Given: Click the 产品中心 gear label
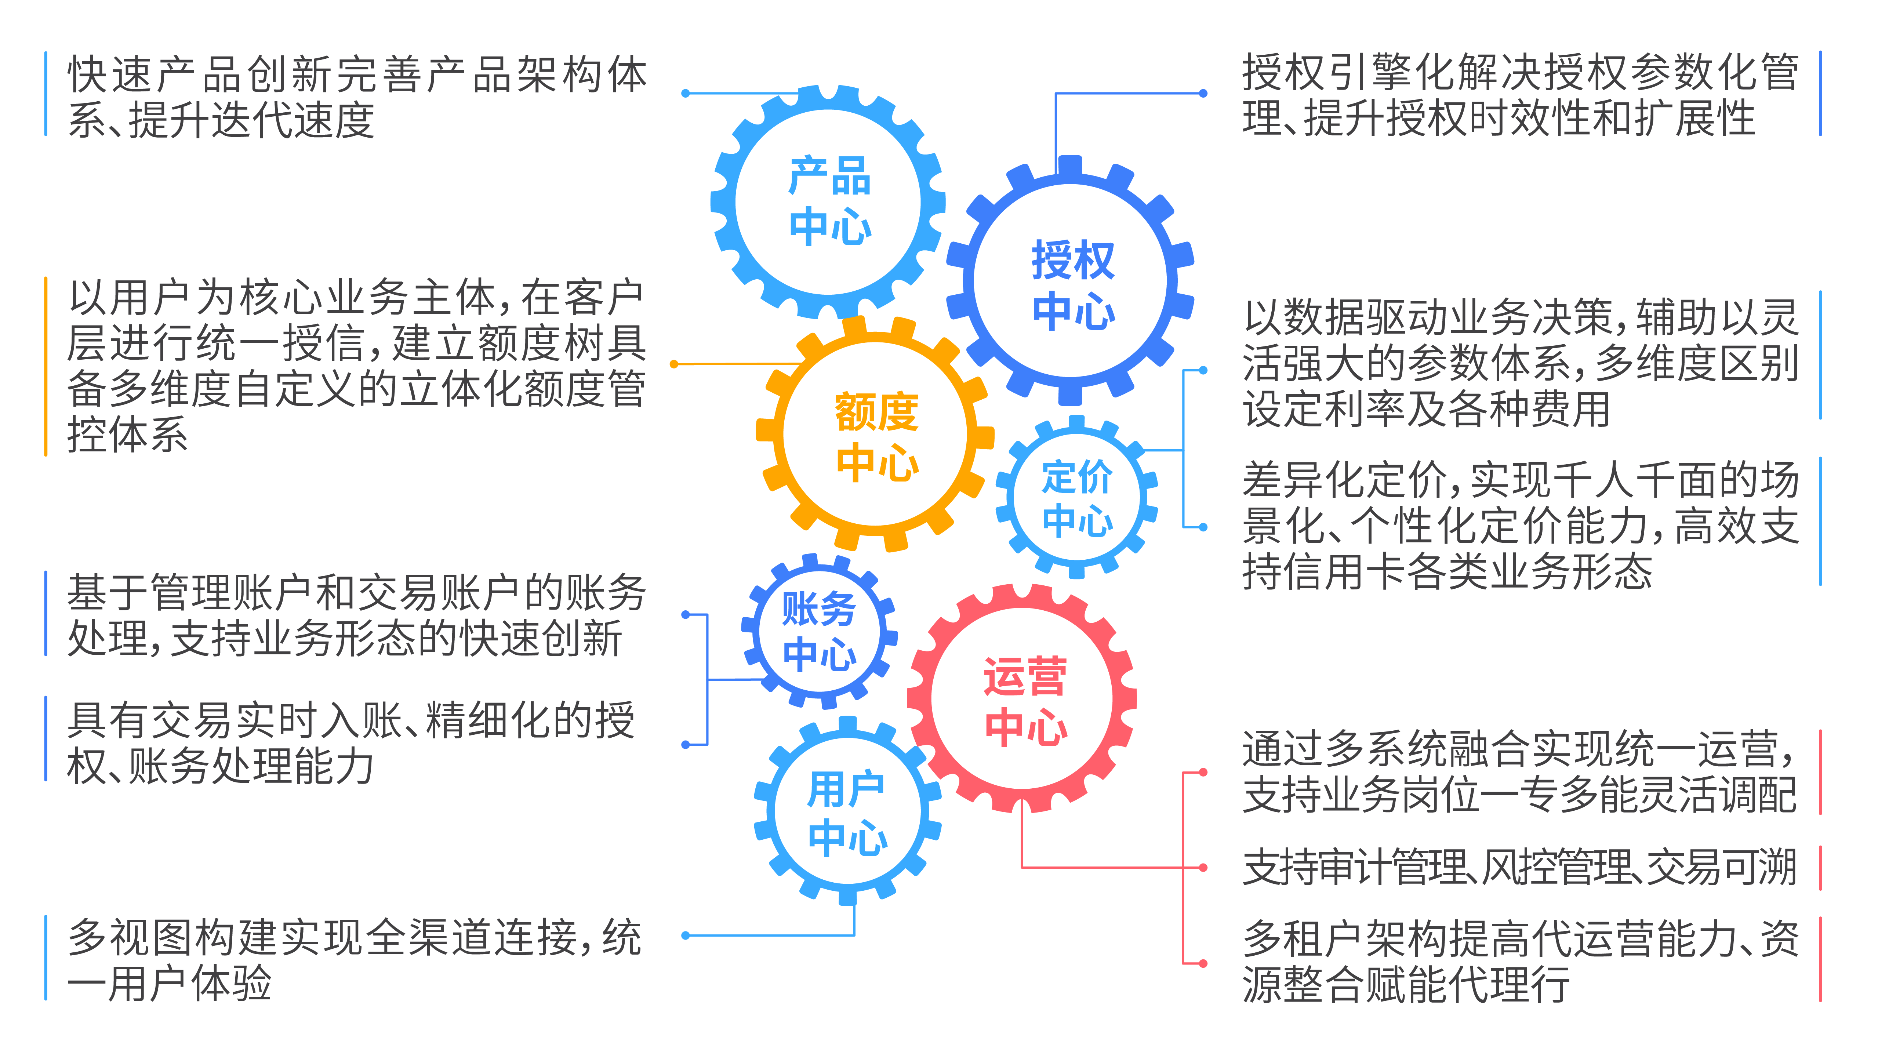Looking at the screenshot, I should (830, 201).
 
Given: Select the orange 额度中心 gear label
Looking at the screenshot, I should (877, 436).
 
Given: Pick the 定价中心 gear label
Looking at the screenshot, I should (1077, 499).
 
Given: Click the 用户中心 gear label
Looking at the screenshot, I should (847, 813).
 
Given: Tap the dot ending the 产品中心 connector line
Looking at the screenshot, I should (685, 93).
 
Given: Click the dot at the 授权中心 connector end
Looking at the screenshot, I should (1203, 93).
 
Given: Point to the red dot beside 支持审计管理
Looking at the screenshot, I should (1203, 868).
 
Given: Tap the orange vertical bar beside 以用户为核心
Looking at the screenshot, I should (46, 366).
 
